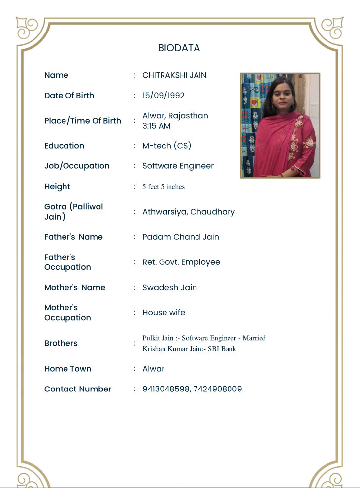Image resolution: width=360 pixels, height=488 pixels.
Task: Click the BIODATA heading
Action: tap(179, 48)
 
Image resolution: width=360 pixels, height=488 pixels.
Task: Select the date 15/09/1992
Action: tap(163, 95)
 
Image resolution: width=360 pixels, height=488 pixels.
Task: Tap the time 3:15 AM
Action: tap(156, 126)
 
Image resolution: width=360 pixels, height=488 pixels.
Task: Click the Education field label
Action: tap(64, 146)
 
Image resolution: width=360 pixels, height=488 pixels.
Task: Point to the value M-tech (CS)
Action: tap(166, 146)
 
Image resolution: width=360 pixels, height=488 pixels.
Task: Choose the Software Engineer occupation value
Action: tap(178, 166)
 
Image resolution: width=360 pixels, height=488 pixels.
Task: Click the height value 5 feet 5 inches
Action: tap(163, 187)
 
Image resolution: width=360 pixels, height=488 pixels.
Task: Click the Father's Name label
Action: tap(73, 237)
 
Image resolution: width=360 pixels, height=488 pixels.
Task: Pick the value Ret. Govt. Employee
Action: tap(181, 262)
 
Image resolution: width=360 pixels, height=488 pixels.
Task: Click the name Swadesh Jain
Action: tap(169, 288)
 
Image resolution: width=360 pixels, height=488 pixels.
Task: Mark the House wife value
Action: tap(164, 313)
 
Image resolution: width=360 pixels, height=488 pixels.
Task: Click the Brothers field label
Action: tap(61, 343)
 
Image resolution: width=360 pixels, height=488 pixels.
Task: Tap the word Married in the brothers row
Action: tap(254, 338)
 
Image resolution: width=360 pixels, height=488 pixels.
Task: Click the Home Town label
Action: tap(67, 369)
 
